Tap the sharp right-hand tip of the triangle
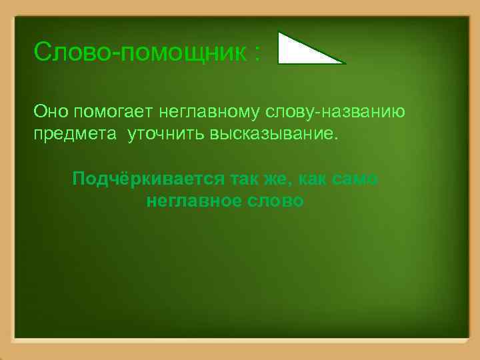pos(343,63)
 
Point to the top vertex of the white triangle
pos(280,33)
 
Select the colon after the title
pos(257,53)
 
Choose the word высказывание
pos(272,135)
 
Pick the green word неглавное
pos(192,201)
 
